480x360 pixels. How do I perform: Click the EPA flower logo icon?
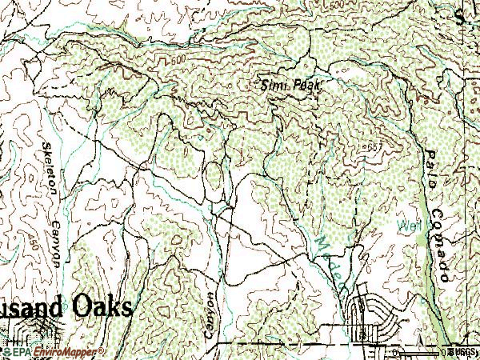(x=7, y=351)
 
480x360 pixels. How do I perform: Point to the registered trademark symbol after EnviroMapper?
(x=102, y=350)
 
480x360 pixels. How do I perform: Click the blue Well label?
(x=408, y=226)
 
